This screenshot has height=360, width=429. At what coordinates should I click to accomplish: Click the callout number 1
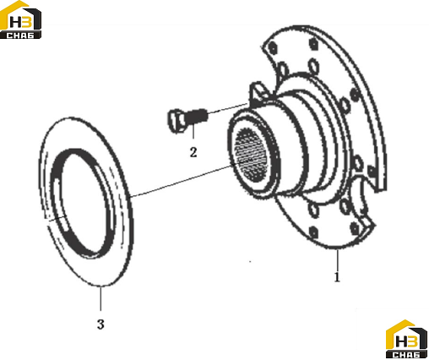337,277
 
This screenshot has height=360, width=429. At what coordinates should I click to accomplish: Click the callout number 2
193,152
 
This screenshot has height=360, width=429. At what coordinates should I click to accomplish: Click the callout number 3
100,325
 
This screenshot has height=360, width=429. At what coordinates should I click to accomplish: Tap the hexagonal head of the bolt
176,122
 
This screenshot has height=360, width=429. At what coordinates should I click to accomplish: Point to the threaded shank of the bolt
198,117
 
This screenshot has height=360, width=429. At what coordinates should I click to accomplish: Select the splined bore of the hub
250,155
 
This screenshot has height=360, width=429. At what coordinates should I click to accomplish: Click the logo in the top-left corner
21,19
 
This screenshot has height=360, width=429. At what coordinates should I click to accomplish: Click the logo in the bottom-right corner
407,339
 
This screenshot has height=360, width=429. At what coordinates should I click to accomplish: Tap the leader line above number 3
100,298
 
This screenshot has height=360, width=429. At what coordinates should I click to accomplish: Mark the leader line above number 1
337,259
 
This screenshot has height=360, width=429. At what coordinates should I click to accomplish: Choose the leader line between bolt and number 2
193,131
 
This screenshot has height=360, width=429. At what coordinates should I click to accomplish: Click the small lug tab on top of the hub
258,93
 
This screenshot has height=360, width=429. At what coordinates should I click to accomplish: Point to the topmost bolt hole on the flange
314,44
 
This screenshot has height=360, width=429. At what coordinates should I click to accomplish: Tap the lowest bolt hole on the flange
313,232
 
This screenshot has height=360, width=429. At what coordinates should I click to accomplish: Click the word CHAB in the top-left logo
20,35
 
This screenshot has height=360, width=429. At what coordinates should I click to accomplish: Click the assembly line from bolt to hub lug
228,108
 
